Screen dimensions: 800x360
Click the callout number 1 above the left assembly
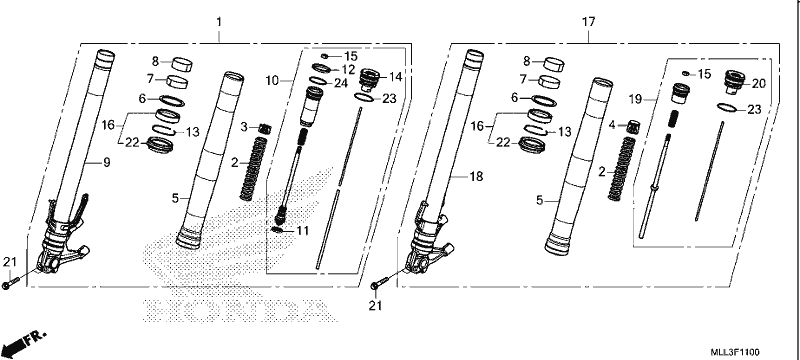(219, 22)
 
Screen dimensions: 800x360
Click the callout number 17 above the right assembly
(588, 22)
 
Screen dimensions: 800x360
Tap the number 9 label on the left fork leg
(107, 163)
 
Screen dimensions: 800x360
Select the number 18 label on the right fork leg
(476, 176)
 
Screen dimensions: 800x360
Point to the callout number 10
(271, 81)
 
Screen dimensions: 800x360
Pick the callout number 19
(635, 99)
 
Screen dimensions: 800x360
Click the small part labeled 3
(264, 128)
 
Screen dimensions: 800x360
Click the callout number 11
(303, 231)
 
